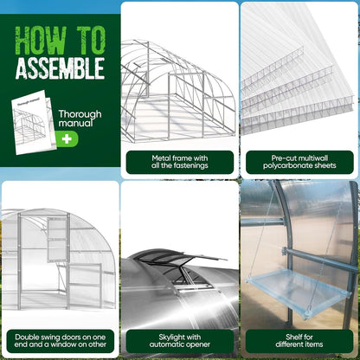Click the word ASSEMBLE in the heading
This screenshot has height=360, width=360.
click(60, 67)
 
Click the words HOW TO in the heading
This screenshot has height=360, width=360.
click(60, 40)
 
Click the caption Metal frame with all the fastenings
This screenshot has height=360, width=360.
click(179, 163)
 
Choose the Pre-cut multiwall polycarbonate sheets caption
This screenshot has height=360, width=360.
click(299, 163)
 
